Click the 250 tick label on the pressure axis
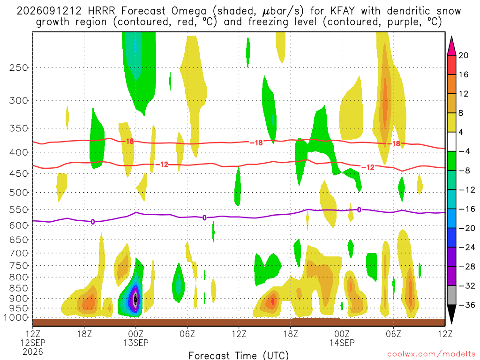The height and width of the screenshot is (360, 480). point(19,67)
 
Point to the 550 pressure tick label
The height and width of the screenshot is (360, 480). point(19,210)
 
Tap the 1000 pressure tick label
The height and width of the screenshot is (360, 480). point(16,318)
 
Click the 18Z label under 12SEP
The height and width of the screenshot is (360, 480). point(84,334)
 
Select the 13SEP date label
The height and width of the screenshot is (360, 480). point(136,343)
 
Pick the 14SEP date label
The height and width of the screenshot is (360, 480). point(342,343)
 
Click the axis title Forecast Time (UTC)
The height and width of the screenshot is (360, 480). point(239,355)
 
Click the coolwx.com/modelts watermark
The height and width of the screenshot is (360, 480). point(431,354)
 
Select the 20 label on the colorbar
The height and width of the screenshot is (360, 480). point(463,55)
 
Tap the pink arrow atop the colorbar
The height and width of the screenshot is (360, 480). point(451,46)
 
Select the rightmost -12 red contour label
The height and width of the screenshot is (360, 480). point(368,167)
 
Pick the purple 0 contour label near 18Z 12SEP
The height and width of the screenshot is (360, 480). point(93,222)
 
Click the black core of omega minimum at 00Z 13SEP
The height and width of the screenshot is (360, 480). point(135,299)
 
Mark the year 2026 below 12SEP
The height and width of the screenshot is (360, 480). point(33,352)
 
